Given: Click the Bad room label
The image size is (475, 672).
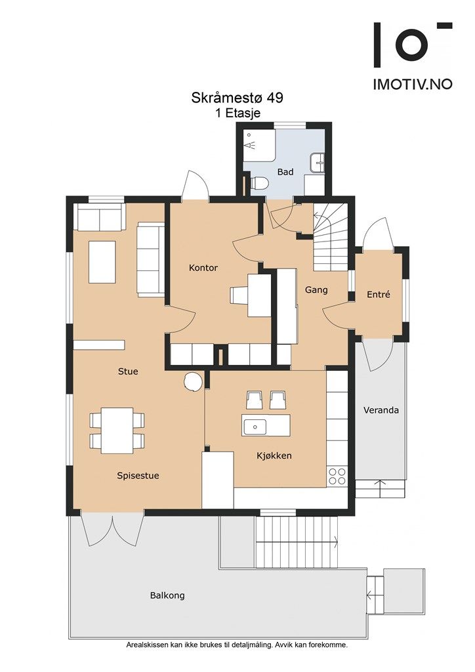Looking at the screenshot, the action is pos(285,172).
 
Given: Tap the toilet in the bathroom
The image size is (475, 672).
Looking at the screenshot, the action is pos(258,183).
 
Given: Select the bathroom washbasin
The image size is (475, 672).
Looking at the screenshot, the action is pos(318,163).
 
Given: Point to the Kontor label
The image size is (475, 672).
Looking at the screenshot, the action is pos(203,268).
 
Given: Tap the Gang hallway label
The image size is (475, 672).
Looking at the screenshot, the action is pos(316,290).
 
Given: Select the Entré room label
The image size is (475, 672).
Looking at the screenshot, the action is pos(379,295).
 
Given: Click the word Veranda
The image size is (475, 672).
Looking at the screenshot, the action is pos(381,410).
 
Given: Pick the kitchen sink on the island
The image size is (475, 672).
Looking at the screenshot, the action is pos(255,427).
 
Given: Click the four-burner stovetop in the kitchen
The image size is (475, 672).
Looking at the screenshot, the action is pos(337,476).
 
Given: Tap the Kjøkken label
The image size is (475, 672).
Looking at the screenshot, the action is pos(274,455).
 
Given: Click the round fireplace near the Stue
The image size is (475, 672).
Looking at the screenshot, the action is pos(192,381).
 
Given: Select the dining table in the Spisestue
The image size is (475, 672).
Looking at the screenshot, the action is pos(117,430).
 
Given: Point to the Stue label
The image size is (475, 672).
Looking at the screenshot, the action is pos(128,371).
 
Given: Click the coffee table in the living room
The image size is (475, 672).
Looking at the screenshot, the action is pos(102,262).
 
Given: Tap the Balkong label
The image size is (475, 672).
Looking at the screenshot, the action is pos(167,595).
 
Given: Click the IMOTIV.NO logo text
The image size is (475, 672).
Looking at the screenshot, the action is pos(413,84).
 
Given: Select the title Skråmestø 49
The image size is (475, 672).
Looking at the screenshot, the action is pos(237,98).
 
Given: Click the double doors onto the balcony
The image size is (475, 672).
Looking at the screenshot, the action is pos(113,530).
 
